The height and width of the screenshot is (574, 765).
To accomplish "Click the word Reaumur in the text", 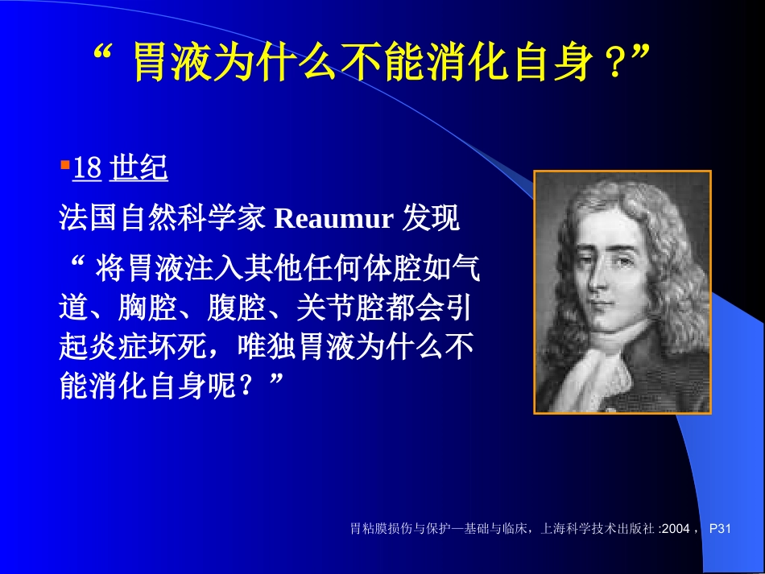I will (333, 219).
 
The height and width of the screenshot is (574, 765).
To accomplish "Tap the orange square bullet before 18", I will (64, 165).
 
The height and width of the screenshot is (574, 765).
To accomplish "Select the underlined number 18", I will (87, 168).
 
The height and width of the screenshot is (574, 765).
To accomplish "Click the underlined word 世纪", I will (138, 168).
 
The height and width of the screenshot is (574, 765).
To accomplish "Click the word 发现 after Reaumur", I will (431, 219).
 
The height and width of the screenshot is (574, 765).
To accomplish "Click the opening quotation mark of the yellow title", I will (102, 58).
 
